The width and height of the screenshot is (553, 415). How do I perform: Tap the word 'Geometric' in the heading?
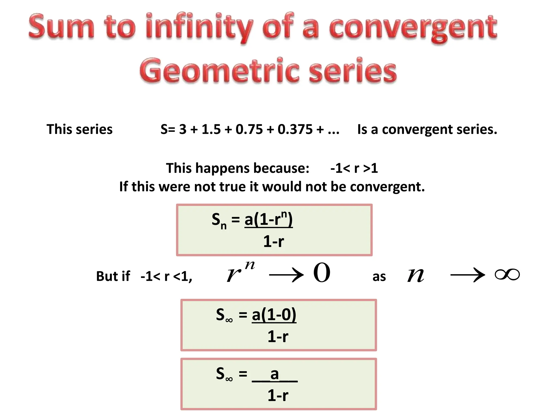tap(219, 71)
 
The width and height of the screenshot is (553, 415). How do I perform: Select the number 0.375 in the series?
tap(295, 129)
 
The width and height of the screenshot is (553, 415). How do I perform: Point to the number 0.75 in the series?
tap(249, 129)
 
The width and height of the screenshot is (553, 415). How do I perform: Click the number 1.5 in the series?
tap(211, 129)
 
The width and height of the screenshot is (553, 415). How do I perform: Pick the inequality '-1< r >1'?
tap(354, 168)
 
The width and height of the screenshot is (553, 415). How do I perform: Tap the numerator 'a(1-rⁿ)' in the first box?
tap(268, 219)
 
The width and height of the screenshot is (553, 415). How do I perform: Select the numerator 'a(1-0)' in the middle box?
tap(274, 314)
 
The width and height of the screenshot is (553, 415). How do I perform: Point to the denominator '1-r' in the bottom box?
tap(278, 396)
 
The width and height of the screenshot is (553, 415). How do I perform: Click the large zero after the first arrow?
tap(322, 273)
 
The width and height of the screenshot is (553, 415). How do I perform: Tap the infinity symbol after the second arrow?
tap(507, 275)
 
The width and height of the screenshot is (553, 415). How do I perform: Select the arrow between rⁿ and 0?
tap(286, 276)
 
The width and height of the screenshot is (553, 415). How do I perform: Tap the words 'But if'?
tap(113, 276)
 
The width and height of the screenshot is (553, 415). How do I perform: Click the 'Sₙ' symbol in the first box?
tap(219, 220)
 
